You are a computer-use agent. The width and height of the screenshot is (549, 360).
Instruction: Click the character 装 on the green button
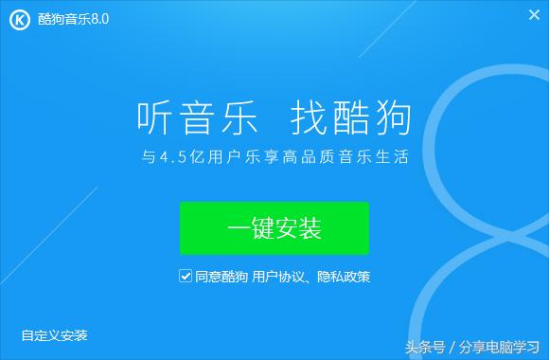pos(310,228)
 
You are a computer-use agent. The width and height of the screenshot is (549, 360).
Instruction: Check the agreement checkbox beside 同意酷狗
pos(185,277)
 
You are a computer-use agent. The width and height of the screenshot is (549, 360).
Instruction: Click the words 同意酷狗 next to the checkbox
pos(221,277)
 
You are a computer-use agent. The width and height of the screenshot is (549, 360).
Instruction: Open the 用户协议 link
pos(274,277)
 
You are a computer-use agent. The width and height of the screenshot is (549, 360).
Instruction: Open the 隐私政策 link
pos(344,277)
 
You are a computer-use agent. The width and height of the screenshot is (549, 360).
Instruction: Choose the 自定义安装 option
pos(54,334)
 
